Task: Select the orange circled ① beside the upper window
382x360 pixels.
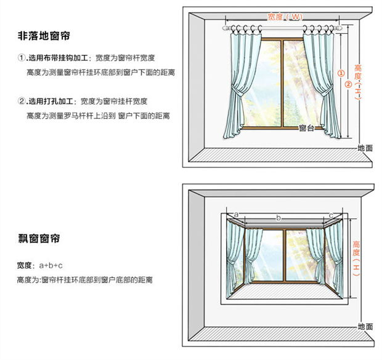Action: tap(339, 73)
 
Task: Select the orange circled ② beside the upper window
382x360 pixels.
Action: tap(349, 84)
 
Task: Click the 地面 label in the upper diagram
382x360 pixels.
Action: tap(365, 148)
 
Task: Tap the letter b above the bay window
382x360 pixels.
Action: tap(278, 218)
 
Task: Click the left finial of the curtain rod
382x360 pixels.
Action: tap(226, 28)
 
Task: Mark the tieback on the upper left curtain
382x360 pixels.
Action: tap(236, 92)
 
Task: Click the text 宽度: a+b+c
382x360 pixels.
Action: tap(41, 265)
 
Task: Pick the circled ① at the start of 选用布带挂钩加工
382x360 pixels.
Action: tap(22, 58)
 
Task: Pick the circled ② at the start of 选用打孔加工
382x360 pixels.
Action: tap(22, 101)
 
